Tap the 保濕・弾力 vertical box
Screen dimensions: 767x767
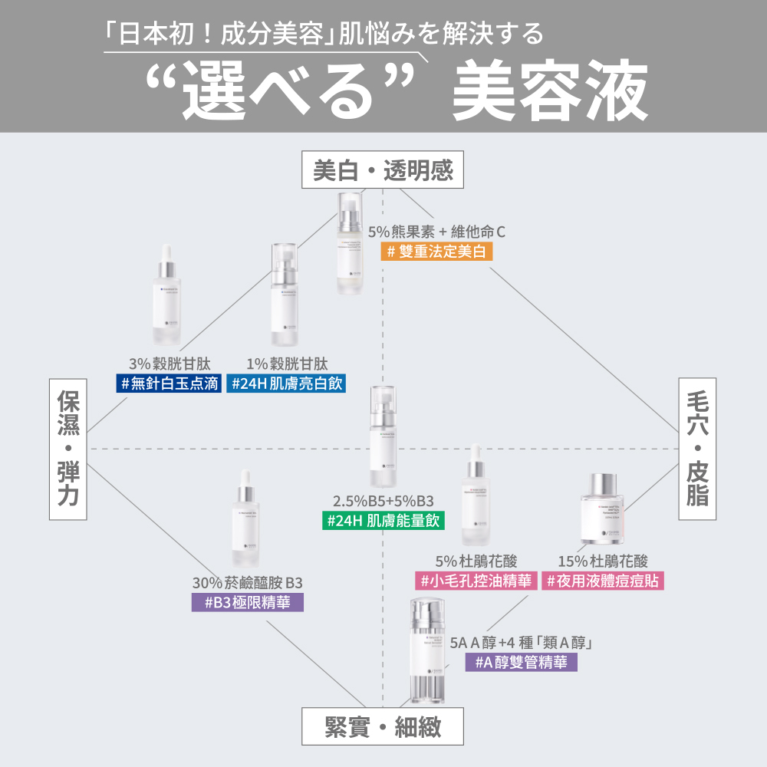(68, 448)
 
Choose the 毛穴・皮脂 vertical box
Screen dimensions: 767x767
(697, 448)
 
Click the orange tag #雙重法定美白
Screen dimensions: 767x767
(436, 252)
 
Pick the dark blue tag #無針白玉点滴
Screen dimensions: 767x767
(170, 383)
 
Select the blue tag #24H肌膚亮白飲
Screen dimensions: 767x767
(285, 383)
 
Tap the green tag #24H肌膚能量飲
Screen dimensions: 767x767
(383, 521)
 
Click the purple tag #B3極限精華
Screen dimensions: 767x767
(247, 602)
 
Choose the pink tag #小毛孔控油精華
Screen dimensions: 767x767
(475, 581)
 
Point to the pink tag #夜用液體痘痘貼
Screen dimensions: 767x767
(603, 581)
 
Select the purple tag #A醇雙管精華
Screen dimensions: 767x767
(521, 663)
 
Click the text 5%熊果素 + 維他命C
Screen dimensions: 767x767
(436, 231)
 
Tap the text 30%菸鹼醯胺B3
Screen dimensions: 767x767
(247, 582)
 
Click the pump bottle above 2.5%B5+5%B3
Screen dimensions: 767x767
(383, 437)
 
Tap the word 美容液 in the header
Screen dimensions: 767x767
(549, 94)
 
